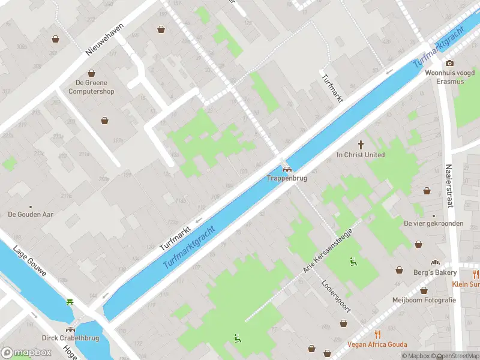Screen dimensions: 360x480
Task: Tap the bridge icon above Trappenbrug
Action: (x=287, y=169)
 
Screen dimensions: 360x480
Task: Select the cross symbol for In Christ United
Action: (x=361, y=144)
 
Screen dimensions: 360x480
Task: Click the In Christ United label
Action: (x=361, y=155)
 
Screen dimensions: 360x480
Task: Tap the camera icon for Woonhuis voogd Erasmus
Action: (x=449, y=63)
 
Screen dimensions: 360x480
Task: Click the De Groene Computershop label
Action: (x=91, y=87)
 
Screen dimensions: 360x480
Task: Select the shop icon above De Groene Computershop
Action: (x=91, y=73)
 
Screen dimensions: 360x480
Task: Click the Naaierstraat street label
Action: (x=448, y=187)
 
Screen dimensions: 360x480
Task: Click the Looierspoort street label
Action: (x=335, y=296)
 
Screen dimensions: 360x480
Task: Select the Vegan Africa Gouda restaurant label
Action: (x=377, y=344)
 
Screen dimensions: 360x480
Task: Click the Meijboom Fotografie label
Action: (x=424, y=300)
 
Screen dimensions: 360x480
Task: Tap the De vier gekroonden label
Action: (x=433, y=223)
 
